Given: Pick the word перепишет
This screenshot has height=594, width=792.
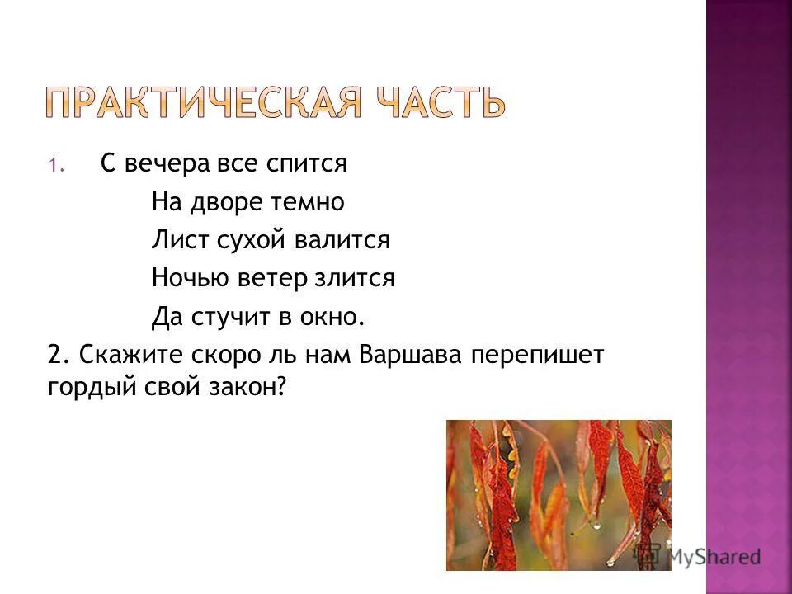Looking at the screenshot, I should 539,355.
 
